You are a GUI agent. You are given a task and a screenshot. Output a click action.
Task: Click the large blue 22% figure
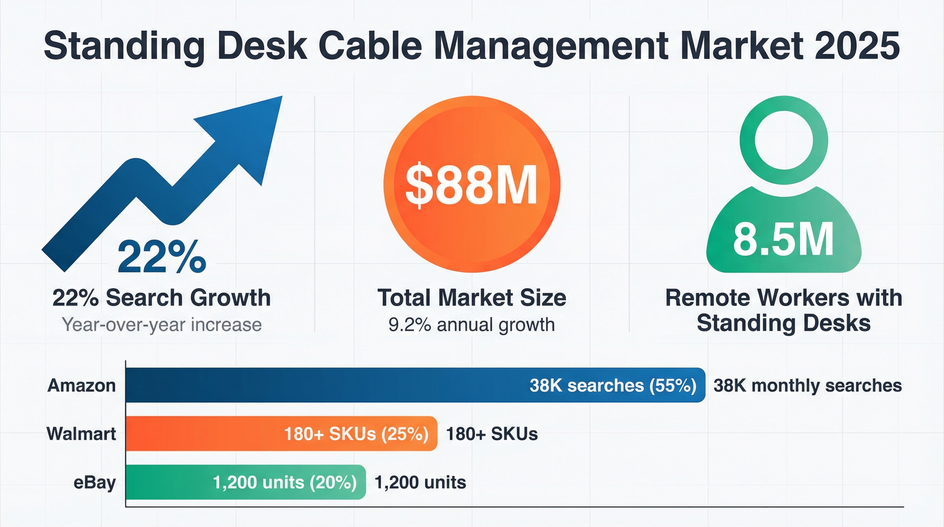pyautogui.click(x=162, y=257)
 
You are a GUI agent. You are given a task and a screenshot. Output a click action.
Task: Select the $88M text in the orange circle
pyautogui.click(x=472, y=185)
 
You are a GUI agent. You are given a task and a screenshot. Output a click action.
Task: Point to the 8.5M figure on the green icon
pyautogui.click(x=783, y=241)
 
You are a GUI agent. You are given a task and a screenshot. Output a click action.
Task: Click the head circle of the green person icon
pyautogui.click(x=784, y=140)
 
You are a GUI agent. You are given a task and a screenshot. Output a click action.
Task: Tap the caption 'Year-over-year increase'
pyautogui.click(x=162, y=325)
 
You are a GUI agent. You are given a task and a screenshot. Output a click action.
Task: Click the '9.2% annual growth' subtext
pyautogui.click(x=472, y=325)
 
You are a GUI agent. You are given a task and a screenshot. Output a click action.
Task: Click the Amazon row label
pyautogui.click(x=81, y=386)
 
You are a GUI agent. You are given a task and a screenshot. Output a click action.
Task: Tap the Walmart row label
pyautogui.click(x=81, y=434)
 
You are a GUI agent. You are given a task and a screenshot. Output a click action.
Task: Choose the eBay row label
pyautogui.click(x=95, y=482)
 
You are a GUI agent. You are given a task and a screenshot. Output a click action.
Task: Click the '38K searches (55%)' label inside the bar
pyautogui.click(x=613, y=386)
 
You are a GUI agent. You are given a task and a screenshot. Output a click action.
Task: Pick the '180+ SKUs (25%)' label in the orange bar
pyautogui.click(x=356, y=434)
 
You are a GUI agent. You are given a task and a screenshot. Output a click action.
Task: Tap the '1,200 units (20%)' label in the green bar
pyautogui.click(x=285, y=482)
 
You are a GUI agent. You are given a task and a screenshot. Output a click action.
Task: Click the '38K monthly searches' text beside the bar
pyautogui.click(x=807, y=386)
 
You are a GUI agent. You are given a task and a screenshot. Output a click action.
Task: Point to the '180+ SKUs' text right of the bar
pyautogui.click(x=492, y=434)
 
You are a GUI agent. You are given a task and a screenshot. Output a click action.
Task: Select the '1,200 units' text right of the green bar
pyautogui.click(x=420, y=482)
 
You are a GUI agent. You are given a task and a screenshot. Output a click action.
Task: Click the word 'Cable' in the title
pyautogui.click(x=370, y=46)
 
